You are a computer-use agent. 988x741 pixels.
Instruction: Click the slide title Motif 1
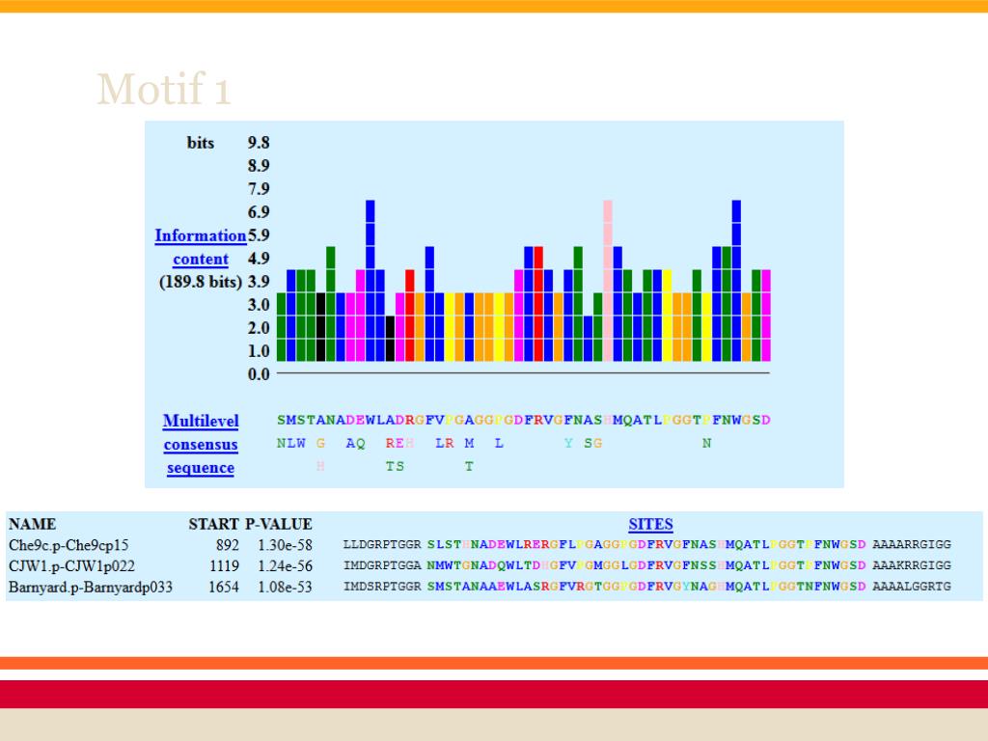pyautogui.click(x=163, y=90)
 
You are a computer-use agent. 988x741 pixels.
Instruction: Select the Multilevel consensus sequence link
pyautogui.click(x=201, y=445)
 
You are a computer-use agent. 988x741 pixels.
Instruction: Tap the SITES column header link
pyautogui.click(x=650, y=524)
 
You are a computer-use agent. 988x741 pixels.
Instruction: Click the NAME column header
pyautogui.click(x=32, y=524)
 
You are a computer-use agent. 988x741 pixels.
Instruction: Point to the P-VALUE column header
pyautogui.click(x=279, y=524)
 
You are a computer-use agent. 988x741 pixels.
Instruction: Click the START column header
pyautogui.click(x=213, y=524)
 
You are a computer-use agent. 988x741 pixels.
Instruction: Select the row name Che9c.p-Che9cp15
pyautogui.click(x=69, y=544)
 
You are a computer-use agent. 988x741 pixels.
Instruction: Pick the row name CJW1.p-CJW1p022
pyautogui.click(x=72, y=565)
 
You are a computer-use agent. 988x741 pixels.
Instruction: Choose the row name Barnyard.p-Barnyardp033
pyautogui.click(x=91, y=586)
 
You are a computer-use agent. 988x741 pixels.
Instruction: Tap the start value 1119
pyautogui.click(x=224, y=565)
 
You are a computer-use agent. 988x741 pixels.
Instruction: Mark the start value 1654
pyautogui.click(x=224, y=586)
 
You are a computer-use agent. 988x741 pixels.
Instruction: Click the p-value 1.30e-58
pyautogui.click(x=285, y=544)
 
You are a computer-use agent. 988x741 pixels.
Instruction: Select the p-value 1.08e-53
pyautogui.click(x=285, y=586)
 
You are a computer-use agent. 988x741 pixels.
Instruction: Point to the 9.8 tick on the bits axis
pyautogui.click(x=259, y=142)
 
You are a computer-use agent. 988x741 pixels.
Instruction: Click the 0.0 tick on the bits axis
pyautogui.click(x=259, y=373)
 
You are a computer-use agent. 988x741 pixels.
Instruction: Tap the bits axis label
pyautogui.click(x=201, y=142)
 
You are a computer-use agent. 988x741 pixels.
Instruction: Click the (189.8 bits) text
pyautogui.click(x=201, y=282)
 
